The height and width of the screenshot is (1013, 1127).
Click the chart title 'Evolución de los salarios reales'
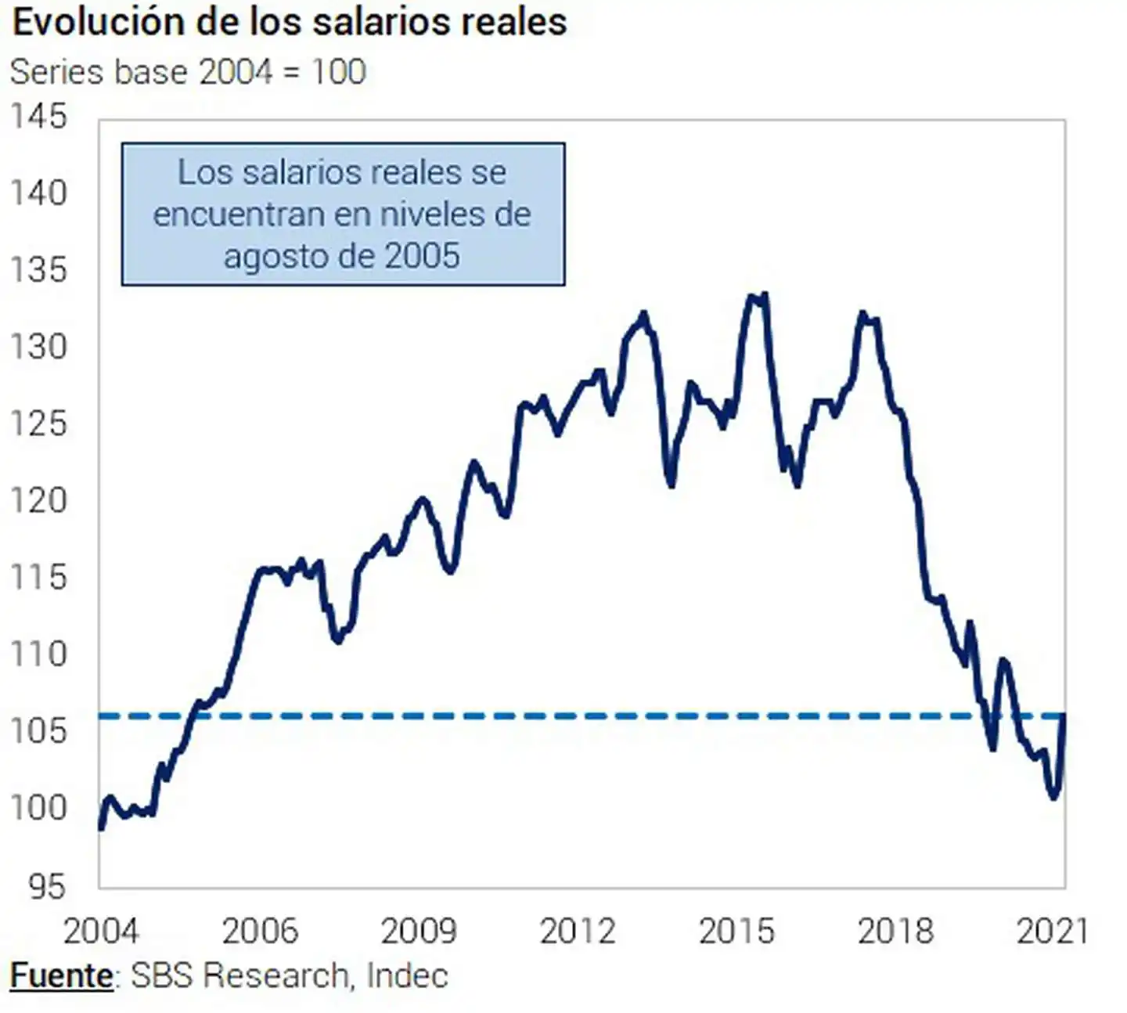(289, 22)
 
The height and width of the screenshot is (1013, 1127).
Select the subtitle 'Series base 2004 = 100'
(188, 72)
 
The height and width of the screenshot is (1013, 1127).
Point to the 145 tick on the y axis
(38, 117)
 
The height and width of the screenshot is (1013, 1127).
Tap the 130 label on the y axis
(38, 347)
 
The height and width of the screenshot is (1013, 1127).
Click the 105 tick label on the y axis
(38, 731)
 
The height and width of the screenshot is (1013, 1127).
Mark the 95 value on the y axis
(47, 886)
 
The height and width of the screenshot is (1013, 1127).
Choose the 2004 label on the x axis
(100, 931)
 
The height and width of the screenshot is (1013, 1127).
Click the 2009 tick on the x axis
(418, 931)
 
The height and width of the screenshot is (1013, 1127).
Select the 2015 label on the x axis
(736, 931)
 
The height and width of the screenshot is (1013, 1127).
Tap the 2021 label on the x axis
(1052, 931)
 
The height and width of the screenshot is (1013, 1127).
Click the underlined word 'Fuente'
(61, 976)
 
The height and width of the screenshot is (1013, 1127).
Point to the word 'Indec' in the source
(407, 976)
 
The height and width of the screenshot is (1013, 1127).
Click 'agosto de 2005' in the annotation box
(342, 256)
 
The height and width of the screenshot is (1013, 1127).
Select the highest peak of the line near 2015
(764, 295)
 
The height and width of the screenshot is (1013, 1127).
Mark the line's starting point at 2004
(101, 827)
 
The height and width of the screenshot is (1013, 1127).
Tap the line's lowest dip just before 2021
(1053, 797)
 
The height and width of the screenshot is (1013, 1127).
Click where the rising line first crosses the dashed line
(193, 716)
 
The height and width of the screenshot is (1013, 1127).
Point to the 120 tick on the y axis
(38, 500)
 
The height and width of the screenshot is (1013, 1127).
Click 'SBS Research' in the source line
(239, 976)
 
